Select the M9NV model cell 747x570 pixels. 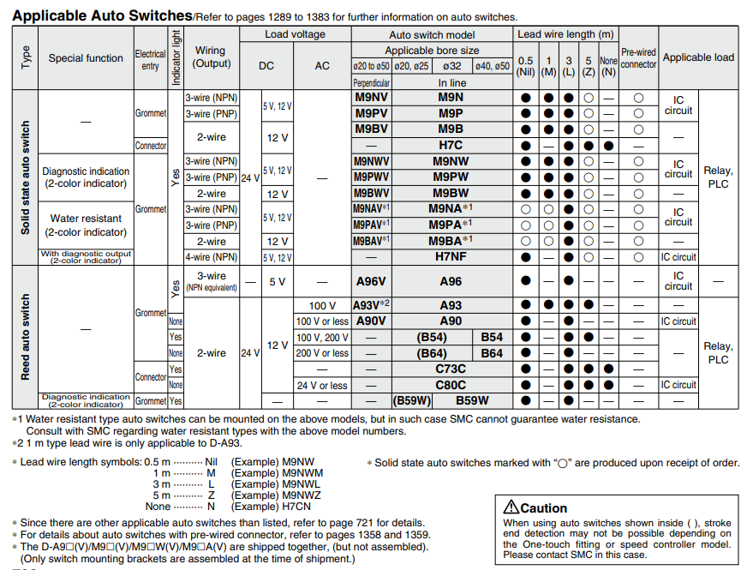pyautogui.click(x=371, y=97)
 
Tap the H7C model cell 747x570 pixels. pyautogui.click(x=451, y=145)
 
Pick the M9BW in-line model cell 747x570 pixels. pyautogui.click(x=451, y=193)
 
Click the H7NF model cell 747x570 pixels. pyautogui.click(x=451, y=256)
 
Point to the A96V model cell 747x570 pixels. pyautogui.click(x=371, y=280)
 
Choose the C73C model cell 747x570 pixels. pyautogui.click(x=451, y=369)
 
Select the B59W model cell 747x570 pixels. pyautogui.click(x=471, y=399)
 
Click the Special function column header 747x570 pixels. pyautogui.click(x=86, y=58)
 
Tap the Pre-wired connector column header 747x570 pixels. pyautogui.click(x=638, y=58)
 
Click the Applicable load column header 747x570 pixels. pyautogui.click(x=698, y=57)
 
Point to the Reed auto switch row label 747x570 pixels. pyautogui.click(x=26, y=337)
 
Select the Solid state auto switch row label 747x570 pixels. pyautogui.click(x=26, y=177)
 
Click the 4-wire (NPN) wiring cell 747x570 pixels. pyautogui.click(x=212, y=256)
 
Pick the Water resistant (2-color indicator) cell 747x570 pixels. pyautogui.click(x=86, y=225)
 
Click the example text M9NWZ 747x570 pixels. pyautogui.click(x=300, y=495)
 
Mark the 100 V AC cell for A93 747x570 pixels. pyautogui.click(x=322, y=305)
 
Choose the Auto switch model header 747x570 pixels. pyautogui.click(x=432, y=34)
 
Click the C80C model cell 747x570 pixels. pyautogui.click(x=451, y=385)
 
